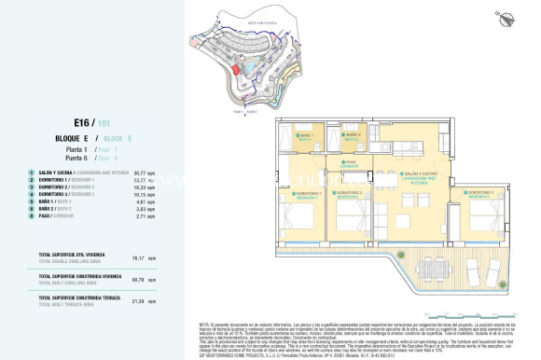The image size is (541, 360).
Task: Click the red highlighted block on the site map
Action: coord(237,68)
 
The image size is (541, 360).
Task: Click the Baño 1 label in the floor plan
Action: coord(305,136)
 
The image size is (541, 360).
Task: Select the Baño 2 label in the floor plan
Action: coord(351,136)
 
